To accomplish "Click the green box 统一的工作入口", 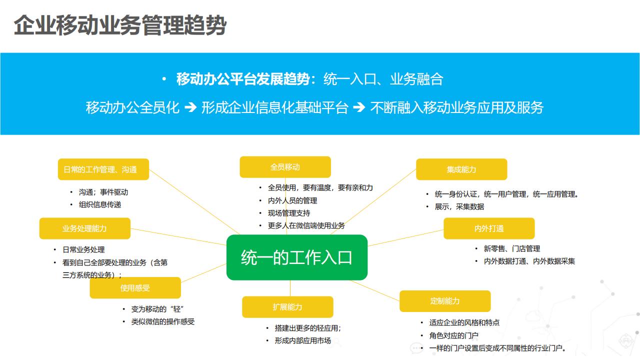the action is [297, 257].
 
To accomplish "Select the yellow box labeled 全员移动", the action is [285, 167].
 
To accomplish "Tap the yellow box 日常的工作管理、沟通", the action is [103, 169].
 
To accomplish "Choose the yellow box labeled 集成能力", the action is [461, 169].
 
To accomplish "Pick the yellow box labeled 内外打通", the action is [489, 228].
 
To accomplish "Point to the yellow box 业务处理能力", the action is [85, 228].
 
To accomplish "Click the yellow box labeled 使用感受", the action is [135, 288].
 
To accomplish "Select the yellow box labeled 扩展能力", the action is [287, 307].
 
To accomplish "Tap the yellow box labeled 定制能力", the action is [445, 301].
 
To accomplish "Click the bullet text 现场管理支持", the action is [289, 213].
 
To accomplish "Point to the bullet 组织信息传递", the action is [100, 204].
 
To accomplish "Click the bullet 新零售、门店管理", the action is [512, 248].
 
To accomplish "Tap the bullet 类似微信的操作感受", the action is [163, 321].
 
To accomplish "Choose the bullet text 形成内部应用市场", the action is [302, 340].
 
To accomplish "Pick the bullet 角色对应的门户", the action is [454, 335].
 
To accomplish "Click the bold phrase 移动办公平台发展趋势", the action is [243, 79].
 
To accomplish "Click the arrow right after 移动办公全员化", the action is [190, 107].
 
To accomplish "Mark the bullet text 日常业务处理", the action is [83, 249].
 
